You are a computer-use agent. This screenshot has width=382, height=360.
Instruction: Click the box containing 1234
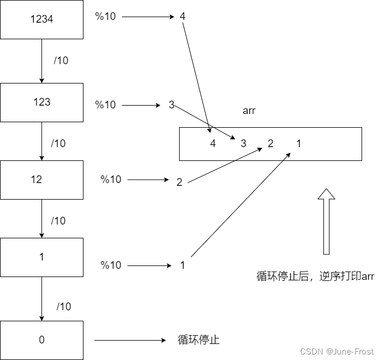click(x=41, y=19)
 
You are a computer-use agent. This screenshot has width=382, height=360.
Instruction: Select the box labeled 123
click(x=41, y=102)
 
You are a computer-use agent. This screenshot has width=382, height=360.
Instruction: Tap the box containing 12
click(x=41, y=180)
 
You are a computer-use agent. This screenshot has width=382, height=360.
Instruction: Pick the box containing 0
click(x=41, y=340)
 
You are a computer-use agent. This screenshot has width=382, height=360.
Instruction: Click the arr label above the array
click(x=249, y=111)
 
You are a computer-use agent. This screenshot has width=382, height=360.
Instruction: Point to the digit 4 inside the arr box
click(x=213, y=144)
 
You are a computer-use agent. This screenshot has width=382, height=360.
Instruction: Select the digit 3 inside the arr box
click(x=243, y=144)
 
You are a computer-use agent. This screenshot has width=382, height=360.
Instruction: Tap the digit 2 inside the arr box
click(x=270, y=144)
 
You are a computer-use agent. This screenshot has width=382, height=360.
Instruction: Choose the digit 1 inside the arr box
click(x=299, y=144)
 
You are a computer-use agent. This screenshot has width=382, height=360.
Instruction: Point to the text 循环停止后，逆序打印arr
click(x=316, y=276)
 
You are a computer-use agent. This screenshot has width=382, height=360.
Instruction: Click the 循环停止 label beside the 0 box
click(x=198, y=340)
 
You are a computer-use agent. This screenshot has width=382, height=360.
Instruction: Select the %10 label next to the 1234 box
click(x=106, y=17)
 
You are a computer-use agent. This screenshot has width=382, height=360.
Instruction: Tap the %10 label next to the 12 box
click(x=111, y=180)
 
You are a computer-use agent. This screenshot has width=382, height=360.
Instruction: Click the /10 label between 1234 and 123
click(x=61, y=61)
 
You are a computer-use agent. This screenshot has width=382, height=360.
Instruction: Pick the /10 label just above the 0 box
click(x=64, y=306)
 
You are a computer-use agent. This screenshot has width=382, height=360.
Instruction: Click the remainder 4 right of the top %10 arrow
click(x=182, y=17)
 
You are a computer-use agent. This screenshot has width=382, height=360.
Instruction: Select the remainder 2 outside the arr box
click(x=179, y=182)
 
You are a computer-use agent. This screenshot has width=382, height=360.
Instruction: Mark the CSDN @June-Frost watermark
click(x=337, y=352)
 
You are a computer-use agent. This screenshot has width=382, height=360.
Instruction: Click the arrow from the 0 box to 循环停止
click(x=130, y=340)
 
